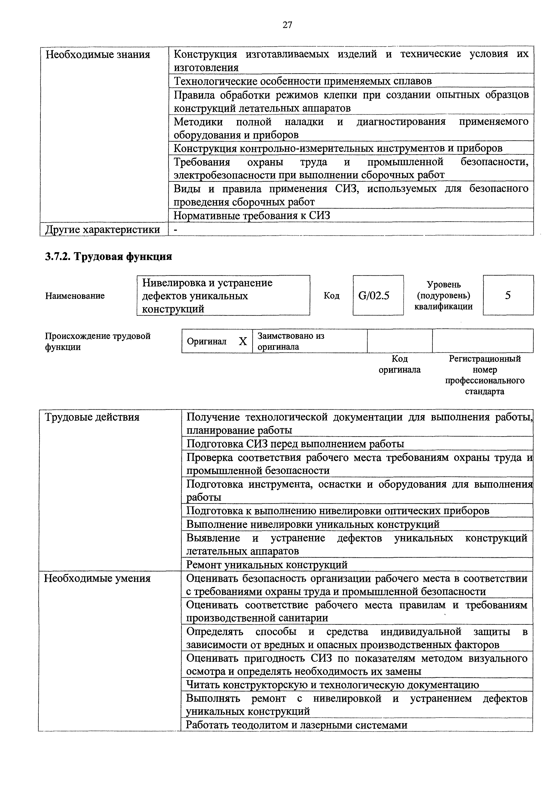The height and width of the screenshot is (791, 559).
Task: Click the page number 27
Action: [287, 25]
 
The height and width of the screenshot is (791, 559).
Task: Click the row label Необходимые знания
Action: [98, 54]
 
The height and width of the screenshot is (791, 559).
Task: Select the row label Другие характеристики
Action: [103, 229]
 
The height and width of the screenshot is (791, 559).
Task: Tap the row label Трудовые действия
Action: [92, 417]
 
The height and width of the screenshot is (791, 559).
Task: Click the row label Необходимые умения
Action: [97, 579]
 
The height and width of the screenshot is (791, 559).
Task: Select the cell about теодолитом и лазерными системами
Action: [296, 725]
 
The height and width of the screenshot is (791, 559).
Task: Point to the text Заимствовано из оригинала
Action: [291, 341]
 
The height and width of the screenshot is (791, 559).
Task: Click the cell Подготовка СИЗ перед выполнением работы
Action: [295, 444]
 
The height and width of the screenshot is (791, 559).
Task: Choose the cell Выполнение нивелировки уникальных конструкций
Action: [313, 524]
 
